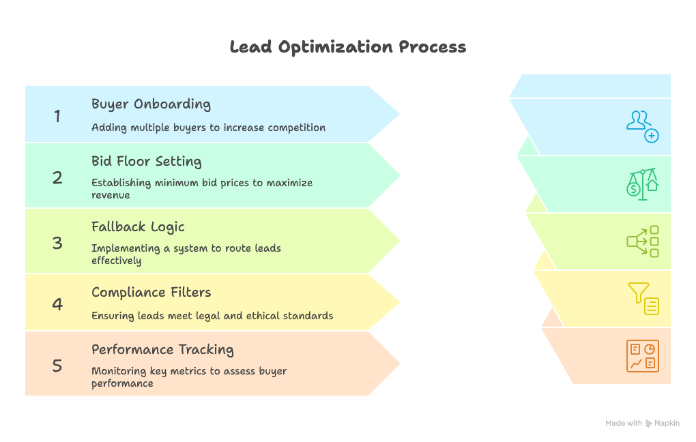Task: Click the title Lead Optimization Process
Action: (x=348, y=47)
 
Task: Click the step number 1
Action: (x=58, y=117)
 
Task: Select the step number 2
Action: (x=58, y=178)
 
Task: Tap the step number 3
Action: (x=58, y=243)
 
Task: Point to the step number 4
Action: (x=58, y=304)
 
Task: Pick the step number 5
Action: (x=58, y=366)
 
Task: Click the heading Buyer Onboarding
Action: (x=151, y=104)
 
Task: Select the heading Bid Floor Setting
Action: (x=146, y=162)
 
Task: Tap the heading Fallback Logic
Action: (x=138, y=227)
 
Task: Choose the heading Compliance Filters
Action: (x=151, y=293)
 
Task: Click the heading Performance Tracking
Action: (x=162, y=350)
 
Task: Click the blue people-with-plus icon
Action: (x=642, y=126)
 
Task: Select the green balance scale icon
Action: (x=642, y=183)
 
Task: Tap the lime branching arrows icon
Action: (x=642, y=241)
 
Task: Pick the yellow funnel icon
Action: (x=642, y=299)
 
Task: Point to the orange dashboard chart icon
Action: (x=642, y=356)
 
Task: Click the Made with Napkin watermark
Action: (x=642, y=424)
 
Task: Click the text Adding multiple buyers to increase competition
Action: (x=208, y=128)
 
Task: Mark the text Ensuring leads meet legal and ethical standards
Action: (x=212, y=316)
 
